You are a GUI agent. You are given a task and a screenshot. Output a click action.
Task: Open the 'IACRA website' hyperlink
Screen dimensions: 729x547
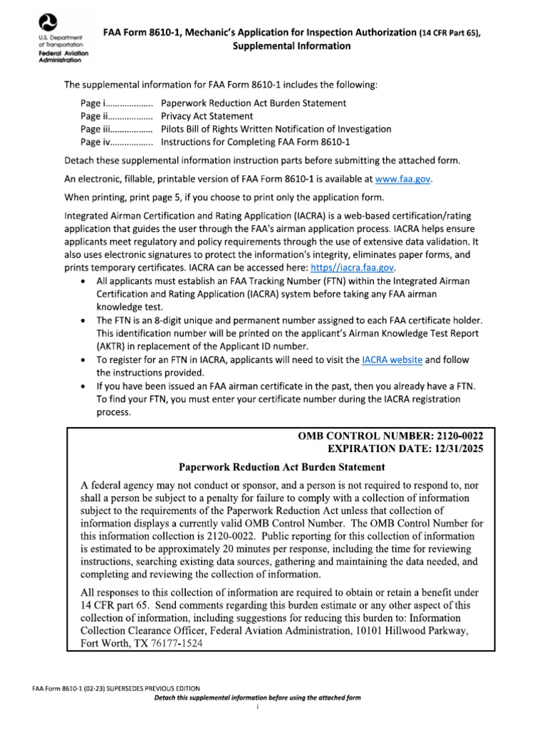pyautogui.click(x=392, y=360)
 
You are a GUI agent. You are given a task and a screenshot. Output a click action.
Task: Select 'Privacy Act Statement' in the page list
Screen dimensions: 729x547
pyautogui.click(x=207, y=116)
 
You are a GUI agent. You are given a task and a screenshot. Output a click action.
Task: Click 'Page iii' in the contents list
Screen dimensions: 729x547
pyautogui.click(x=95, y=129)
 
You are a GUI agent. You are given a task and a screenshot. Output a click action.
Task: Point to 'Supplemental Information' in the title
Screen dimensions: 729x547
pyautogui.click(x=281, y=46)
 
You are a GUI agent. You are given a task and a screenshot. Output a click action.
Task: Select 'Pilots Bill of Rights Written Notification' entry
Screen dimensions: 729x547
pyautogui.click(x=276, y=129)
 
